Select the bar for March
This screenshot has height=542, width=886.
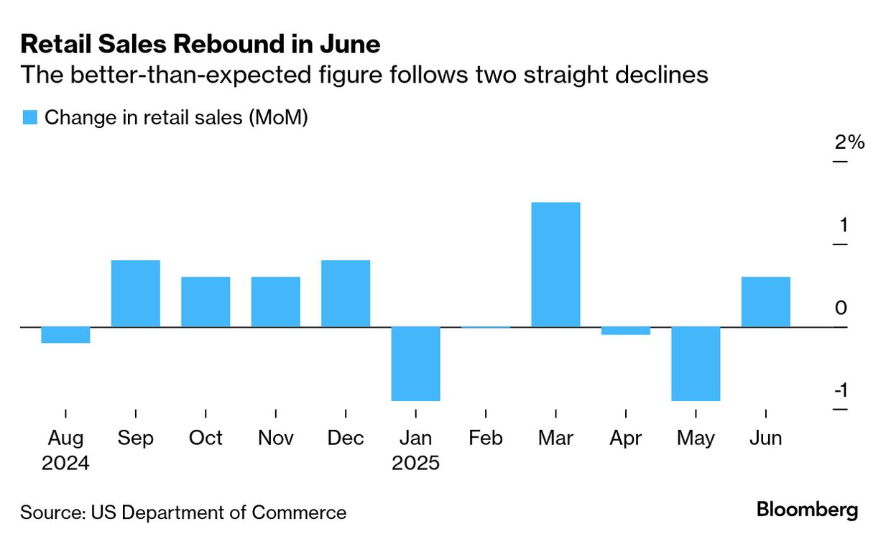[x=555, y=265]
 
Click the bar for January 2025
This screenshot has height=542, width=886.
[x=415, y=364]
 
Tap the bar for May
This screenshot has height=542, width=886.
[x=696, y=364]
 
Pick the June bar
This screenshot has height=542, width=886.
[x=765, y=302]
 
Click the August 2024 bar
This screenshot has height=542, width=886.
[x=65, y=335]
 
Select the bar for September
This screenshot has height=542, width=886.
[x=135, y=293]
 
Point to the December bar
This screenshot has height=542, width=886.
[x=346, y=293]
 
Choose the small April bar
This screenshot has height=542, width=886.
[x=625, y=331]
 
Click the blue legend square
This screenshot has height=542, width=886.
[x=29, y=118]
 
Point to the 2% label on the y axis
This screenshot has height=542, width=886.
[x=849, y=142]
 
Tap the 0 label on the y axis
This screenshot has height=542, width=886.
[x=841, y=308]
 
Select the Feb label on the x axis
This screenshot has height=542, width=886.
[x=485, y=438]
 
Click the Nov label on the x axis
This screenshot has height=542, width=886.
[x=275, y=438]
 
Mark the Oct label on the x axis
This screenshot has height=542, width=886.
[x=206, y=438]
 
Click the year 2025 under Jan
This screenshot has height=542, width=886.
[x=415, y=463]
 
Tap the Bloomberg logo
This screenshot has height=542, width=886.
[x=807, y=510]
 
